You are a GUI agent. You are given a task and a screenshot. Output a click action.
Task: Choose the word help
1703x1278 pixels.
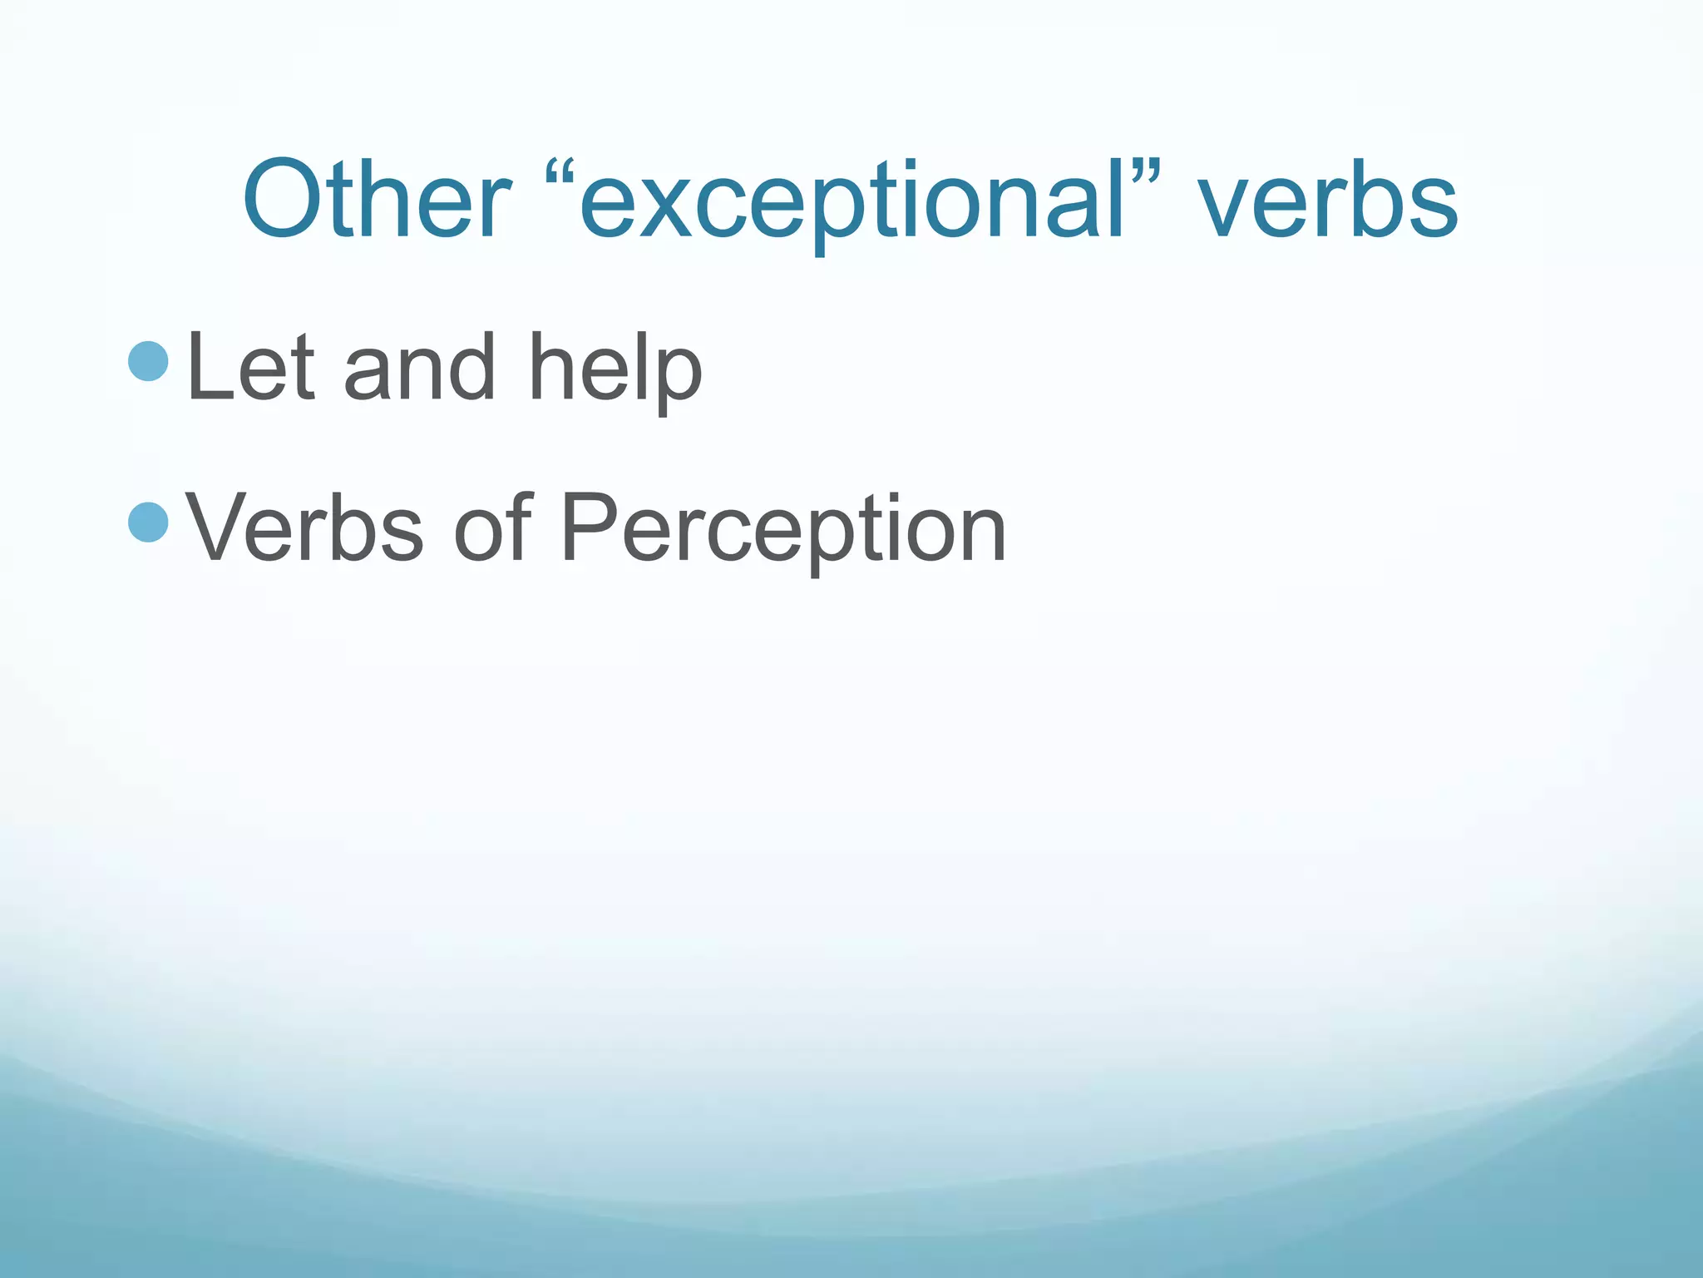pyautogui.click(x=615, y=370)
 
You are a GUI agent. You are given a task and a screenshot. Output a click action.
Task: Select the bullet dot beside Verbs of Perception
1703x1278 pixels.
pyautogui.click(x=150, y=522)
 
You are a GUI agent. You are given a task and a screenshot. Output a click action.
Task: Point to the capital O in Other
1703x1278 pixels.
pyautogui.click(x=285, y=201)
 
